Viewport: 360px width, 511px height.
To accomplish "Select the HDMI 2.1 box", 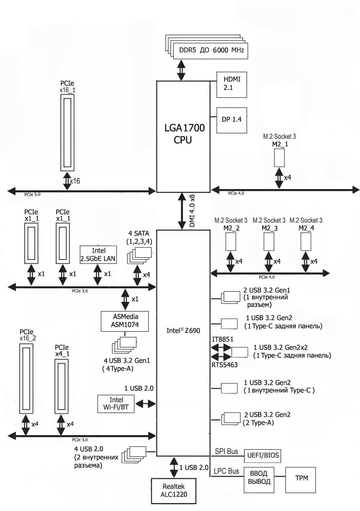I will pos(231,84).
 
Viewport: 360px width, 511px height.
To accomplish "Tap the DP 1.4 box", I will pos(231,119).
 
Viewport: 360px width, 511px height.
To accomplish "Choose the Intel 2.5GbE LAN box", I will pos(98,254).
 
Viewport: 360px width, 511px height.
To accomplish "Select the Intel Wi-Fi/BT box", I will pos(116,403).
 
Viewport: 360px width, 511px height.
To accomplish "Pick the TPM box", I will pos(300,478).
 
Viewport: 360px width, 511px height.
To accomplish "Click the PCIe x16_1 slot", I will pos(68,132).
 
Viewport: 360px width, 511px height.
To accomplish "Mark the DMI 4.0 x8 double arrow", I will pos(183,211).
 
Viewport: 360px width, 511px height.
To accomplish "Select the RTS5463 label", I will pos(224,365).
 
